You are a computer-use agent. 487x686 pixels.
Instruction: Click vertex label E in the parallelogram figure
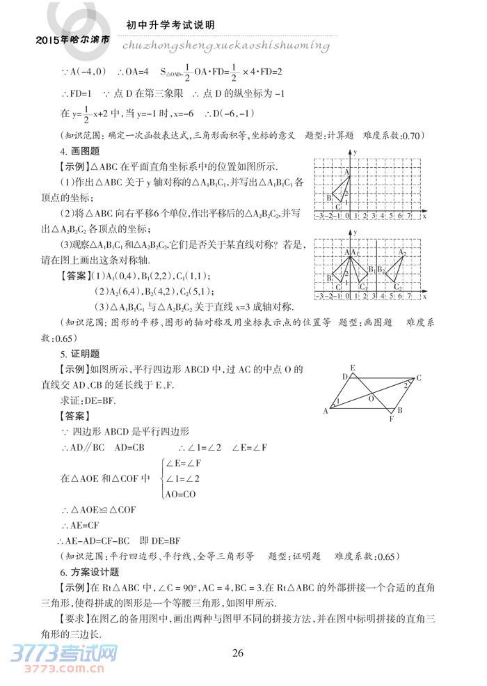tap(353, 368)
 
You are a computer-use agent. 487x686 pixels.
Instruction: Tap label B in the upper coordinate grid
tap(328, 198)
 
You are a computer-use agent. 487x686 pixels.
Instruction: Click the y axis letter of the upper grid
tap(355, 152)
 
